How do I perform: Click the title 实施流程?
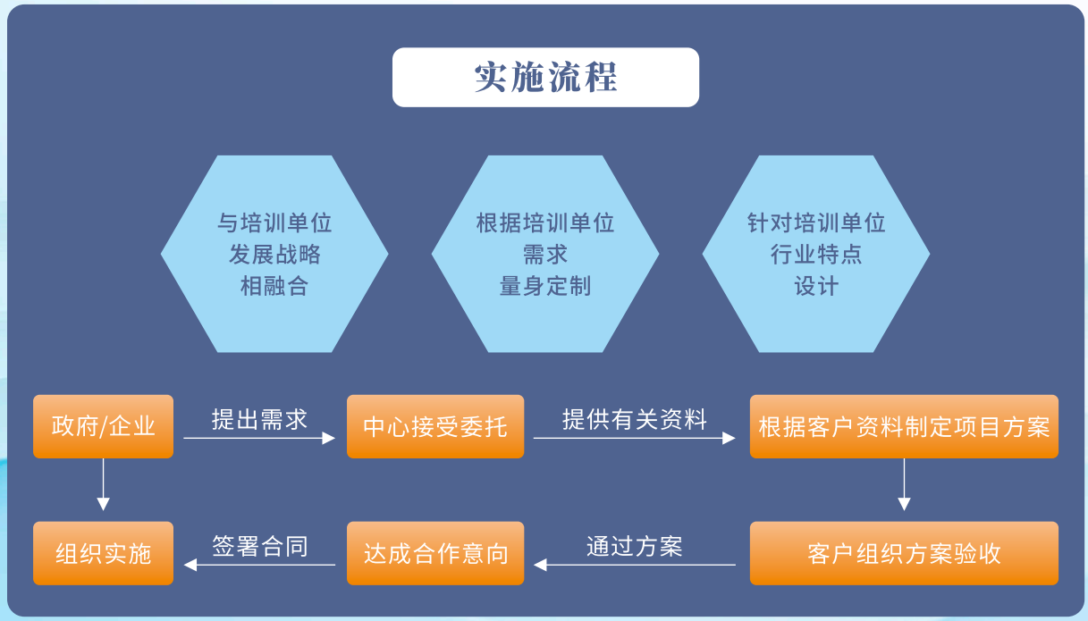coord(545,78)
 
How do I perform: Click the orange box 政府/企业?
coord(103,426)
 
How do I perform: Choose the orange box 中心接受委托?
coord(434,426)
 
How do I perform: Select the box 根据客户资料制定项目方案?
coord(904,426)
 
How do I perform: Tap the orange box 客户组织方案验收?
coord(904,553)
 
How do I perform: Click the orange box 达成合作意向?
coord(434,553)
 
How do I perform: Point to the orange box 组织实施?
coord(103,553)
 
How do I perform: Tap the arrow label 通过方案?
coord(635,546)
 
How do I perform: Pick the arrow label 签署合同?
coord(259,546)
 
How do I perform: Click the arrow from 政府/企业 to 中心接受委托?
coord(259,438)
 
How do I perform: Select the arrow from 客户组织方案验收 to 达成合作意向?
coord(635,565)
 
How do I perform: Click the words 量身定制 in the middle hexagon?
coord(545,287)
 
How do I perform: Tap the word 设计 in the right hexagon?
coord(815,287)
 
